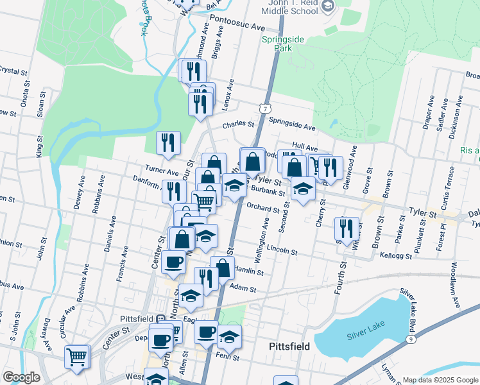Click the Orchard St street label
click(264, 207)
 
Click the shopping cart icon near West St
click(77, 357)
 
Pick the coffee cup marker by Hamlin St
click(173, 261)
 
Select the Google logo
click(21, 377)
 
